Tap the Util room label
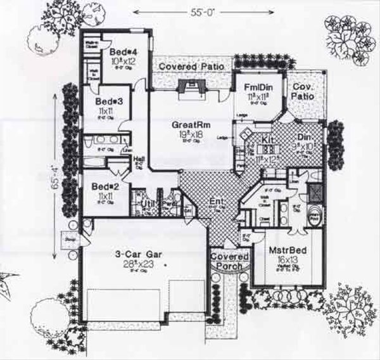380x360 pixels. pos(148,203)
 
